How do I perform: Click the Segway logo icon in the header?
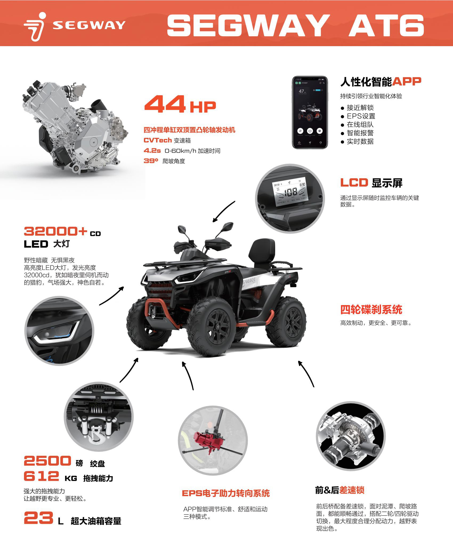point(35,27)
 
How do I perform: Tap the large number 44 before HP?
point(165,104)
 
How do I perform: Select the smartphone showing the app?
point(310,112)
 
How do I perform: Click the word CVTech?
point(157,140)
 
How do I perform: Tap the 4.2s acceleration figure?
point(152,151)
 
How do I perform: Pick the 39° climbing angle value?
point(151,161)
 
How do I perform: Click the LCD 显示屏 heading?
point(371,183)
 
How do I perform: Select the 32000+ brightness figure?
point(55,231)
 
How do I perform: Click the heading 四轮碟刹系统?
point(371,310)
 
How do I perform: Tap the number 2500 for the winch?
point(47,461)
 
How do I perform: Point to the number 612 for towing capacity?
point(41,476)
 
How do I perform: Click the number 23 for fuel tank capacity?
point(38,518)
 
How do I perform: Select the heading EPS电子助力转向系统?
point(226,493)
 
